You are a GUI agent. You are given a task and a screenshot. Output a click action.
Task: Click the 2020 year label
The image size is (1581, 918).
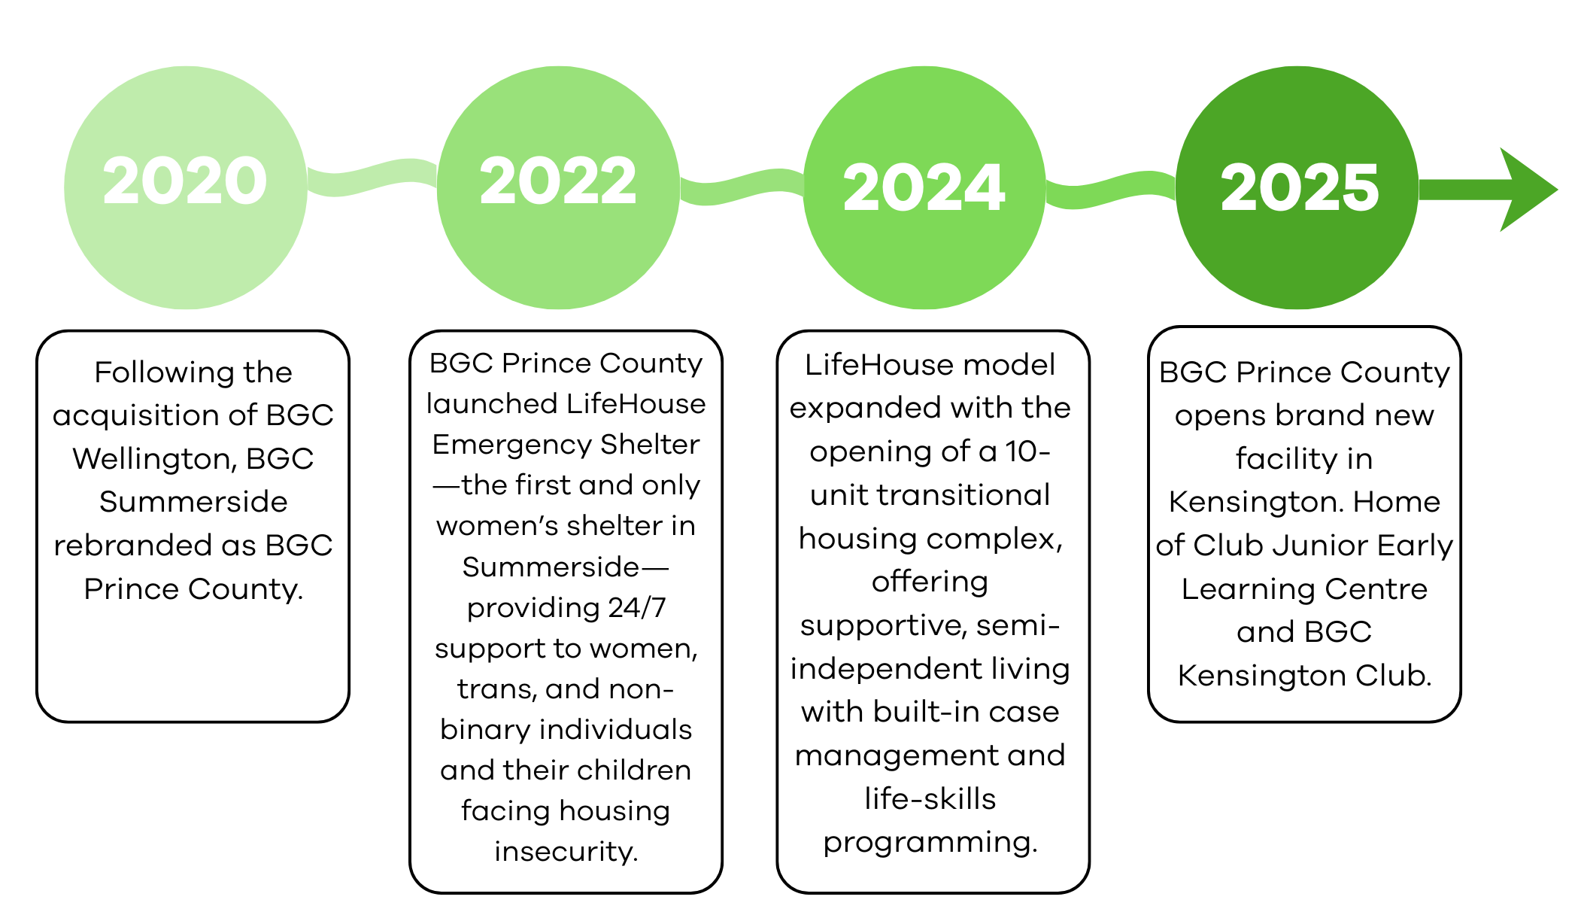click(x=185, y=181)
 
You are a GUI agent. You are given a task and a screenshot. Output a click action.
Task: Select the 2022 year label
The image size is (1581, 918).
click(x=558, y=181)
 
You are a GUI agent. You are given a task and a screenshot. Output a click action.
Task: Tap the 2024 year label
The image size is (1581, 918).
click(x=924, y=188)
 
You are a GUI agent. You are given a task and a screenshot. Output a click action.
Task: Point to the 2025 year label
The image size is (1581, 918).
click(x=1299, y=188)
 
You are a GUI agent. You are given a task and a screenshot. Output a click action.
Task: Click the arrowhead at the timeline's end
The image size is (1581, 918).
click(x=1527, y=190)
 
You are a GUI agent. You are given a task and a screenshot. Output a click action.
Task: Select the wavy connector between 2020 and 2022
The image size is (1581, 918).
click(x=372, y=178)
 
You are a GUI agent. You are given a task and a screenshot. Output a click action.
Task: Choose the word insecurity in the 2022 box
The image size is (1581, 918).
click(x=566, y=852)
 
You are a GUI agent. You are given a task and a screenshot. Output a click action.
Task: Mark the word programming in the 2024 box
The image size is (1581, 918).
click(x=930, y=843)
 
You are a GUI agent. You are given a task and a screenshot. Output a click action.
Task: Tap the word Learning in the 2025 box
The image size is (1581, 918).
click(x=1234, y=589)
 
